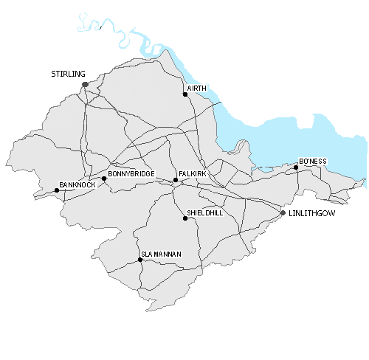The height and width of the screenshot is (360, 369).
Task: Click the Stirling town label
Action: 69,75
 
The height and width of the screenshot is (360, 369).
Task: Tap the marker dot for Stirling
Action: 86,85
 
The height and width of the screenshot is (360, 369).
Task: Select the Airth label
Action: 197,89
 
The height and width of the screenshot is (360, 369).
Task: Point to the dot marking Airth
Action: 185,94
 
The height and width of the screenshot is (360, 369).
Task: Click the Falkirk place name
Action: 191,173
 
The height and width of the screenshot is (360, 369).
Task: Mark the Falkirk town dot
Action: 176,180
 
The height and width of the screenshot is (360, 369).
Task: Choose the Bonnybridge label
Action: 131,173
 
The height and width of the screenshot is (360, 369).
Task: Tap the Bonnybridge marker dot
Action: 104,179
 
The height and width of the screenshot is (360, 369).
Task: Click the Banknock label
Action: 77,184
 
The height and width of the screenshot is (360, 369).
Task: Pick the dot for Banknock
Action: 57,190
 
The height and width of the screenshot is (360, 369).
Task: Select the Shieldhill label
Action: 204,212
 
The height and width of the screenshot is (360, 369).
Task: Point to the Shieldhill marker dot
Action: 185,218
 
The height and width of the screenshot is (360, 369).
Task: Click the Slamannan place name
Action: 161,254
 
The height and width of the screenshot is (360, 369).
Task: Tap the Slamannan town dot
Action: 140,260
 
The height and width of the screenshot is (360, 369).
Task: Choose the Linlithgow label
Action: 313,213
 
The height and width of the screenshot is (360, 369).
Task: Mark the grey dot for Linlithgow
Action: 283,213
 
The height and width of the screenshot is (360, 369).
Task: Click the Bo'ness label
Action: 312,161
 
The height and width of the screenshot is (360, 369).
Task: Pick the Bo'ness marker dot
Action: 296,167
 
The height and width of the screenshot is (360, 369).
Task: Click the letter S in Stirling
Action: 53,75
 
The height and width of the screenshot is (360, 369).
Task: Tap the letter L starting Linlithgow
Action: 292,213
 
